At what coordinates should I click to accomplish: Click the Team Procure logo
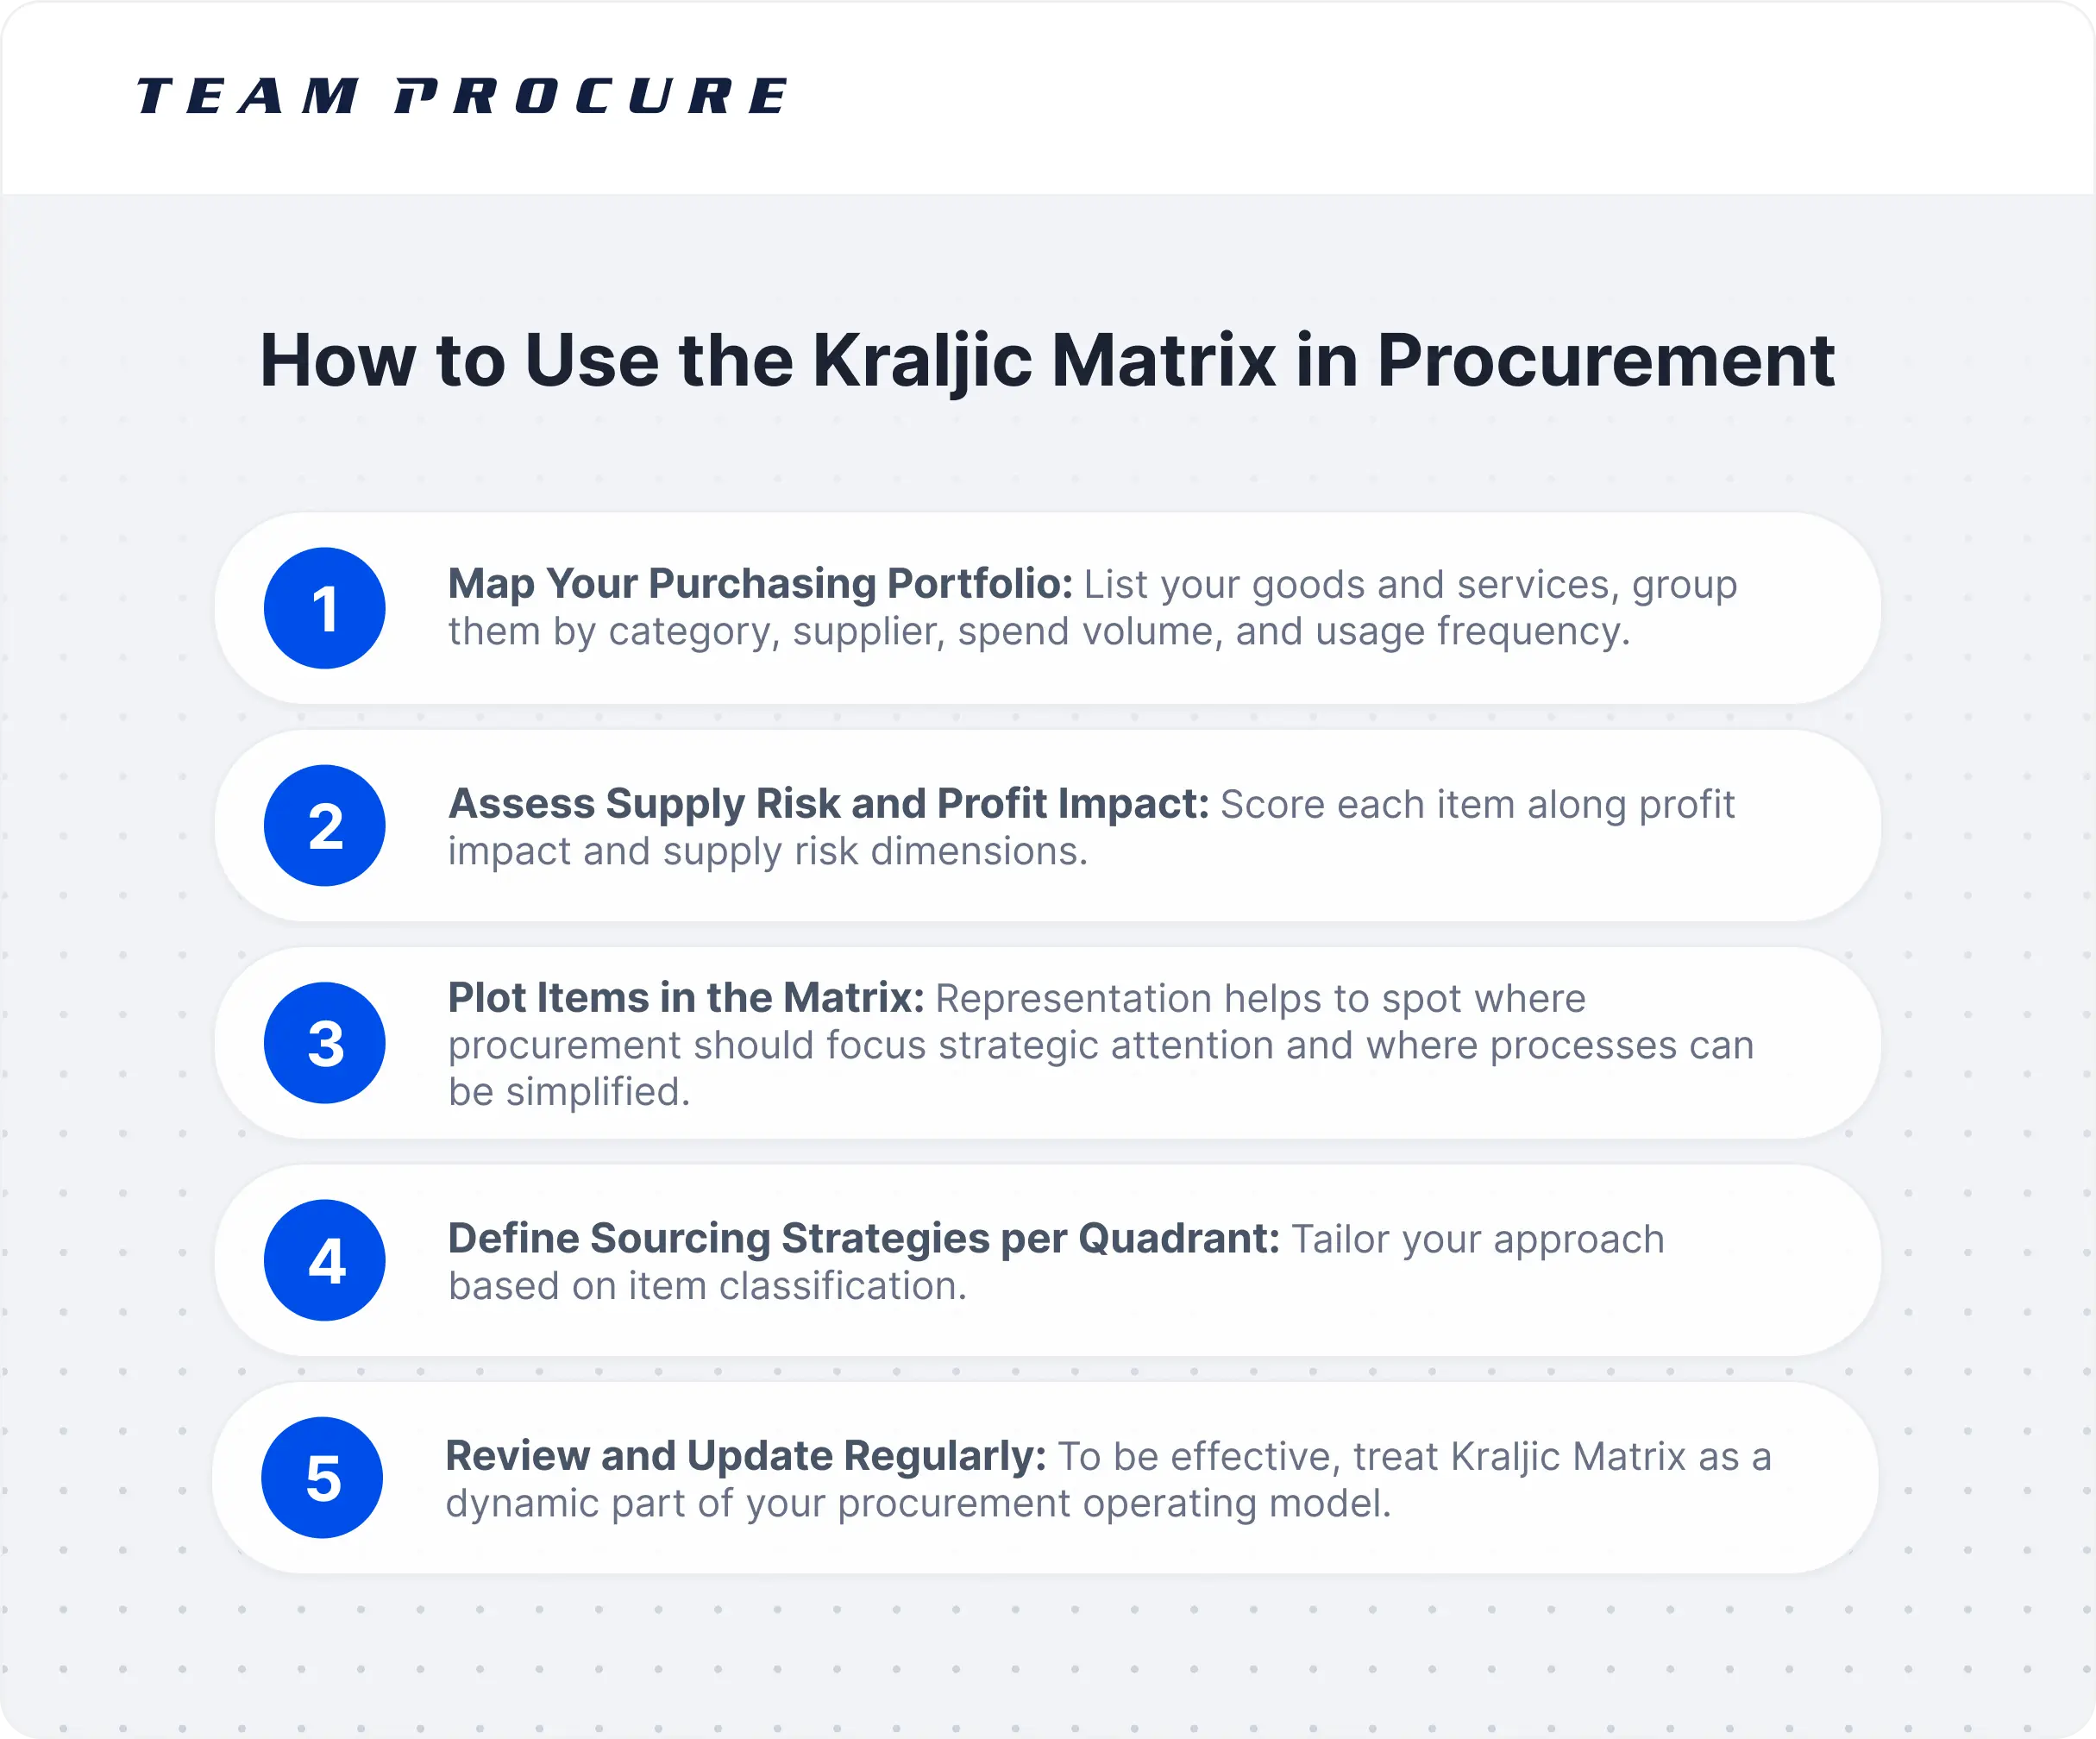[461, 96]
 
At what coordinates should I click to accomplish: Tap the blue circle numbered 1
[324, 608]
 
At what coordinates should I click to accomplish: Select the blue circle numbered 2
[324, 826]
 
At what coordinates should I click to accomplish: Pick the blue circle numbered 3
[324, 1043]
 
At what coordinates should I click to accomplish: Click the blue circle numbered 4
[324, 1260]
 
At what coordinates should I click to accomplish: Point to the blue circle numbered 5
[323, 1478]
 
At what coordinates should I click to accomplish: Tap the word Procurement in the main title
[1605, 361]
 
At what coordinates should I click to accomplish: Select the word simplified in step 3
[597, 1091]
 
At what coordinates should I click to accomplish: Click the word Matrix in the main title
[1163, 361]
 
